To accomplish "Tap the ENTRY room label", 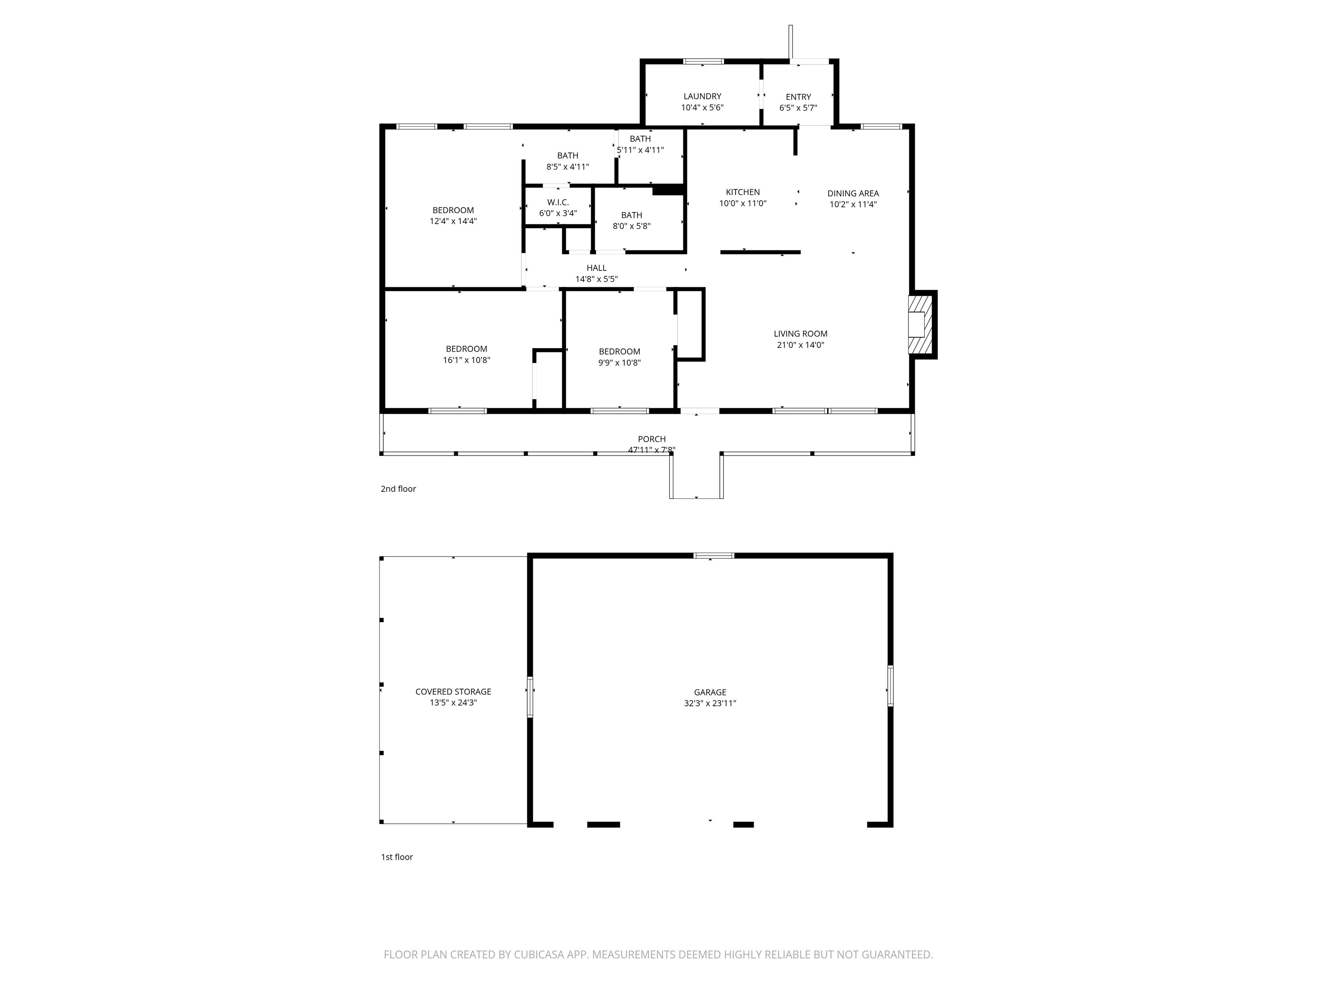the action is point(798,97).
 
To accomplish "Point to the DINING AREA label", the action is point(853,193).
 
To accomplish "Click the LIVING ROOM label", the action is point(800,334).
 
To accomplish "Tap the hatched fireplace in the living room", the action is point(920,325).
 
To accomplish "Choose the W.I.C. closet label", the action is point(558,202).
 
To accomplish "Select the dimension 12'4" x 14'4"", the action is point(453,221).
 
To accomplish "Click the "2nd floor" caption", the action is point(398,489).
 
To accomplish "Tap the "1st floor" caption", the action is point(397,857).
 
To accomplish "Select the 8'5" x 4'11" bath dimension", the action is point(568,167).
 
